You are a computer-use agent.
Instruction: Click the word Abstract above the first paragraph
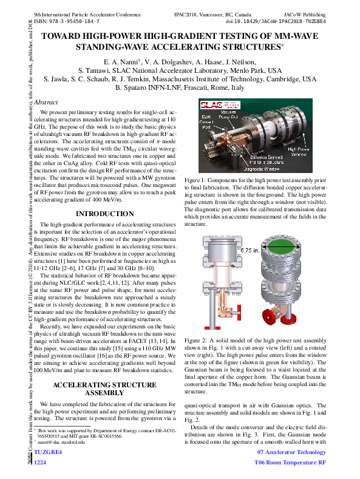[46, 103]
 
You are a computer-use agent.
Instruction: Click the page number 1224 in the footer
[40, 462]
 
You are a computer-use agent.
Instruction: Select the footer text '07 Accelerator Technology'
[291, 452]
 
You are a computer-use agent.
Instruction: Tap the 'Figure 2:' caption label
[198, 342]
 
